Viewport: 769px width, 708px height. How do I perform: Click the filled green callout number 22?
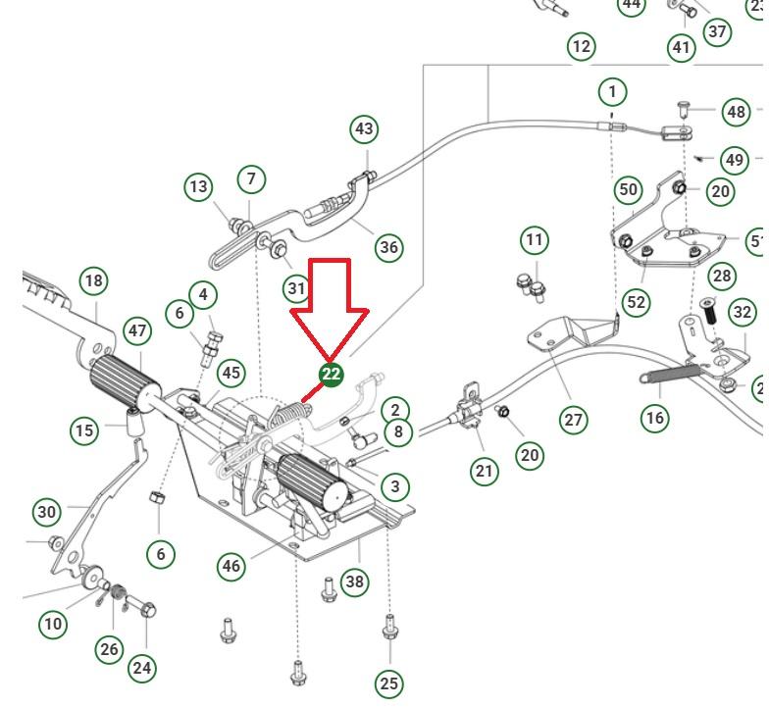(332, 374)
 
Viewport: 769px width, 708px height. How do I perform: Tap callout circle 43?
(364, 129)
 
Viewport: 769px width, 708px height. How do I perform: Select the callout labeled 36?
(389, 246)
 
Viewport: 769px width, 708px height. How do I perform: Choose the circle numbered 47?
(137, 331)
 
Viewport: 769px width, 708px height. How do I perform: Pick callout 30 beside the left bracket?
(46, 511)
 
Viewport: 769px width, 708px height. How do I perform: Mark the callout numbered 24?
(142, 668)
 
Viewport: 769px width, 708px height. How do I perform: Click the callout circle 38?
(354, 582)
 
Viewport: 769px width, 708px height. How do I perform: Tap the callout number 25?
(389, 683)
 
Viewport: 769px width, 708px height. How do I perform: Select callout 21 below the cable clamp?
(485, 472)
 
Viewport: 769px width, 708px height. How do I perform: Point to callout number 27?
(573, 420)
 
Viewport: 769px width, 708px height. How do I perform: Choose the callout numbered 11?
(534, 239)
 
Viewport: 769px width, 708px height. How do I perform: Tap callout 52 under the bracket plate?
(637, 301)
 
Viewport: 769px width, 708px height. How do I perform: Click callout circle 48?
(736, 112)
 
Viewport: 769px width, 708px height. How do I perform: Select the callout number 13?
(198, 186)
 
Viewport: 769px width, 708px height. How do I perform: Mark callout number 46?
(231, 565)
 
